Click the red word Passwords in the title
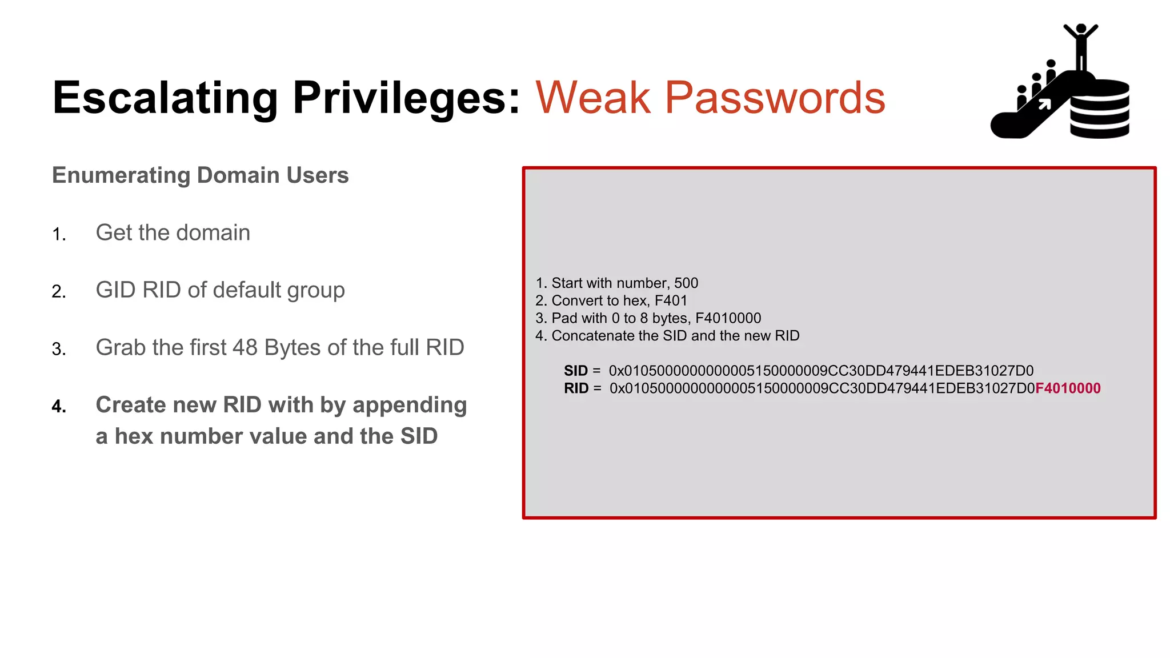click(x=775, y=98)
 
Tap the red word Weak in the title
click(x=593, y=98)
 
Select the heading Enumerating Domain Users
click(x=200, y=175)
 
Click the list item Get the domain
click(x=173, y=233)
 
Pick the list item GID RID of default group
click(x=220, y=290)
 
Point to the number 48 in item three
click(x=245, y=348)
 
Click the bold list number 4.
click(x=59, y=407)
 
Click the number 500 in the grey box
click(x=686, y=283)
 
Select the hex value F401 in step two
click(x=671, y=301)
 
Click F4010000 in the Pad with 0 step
click(x=728, y=318)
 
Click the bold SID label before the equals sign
click(x=575, y=371)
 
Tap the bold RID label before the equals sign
click(x=576, y=388)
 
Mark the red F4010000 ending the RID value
click(x=1068, y=388)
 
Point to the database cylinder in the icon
click(x=1100, y=110)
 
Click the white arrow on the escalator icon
click(x=1044, y=104)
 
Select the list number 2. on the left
click(x=59, y=292)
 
